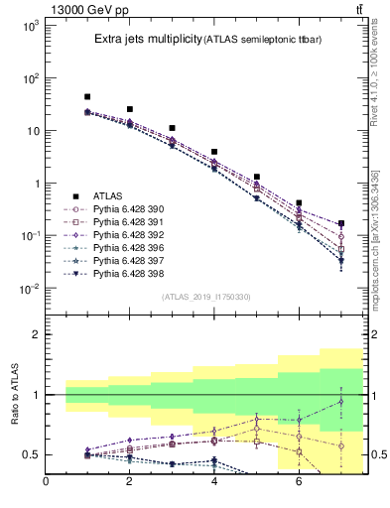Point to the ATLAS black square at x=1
87,97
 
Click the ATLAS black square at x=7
341,224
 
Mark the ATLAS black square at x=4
214,153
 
